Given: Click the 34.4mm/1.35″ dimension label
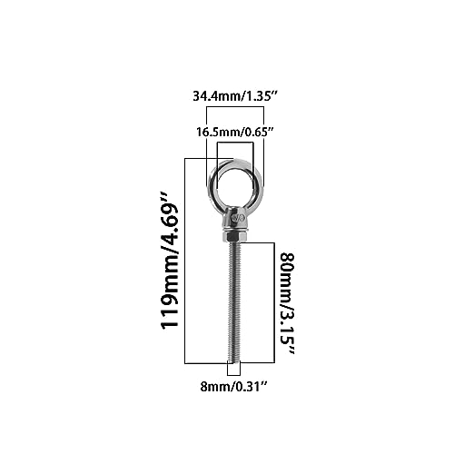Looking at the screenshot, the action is point(235,96).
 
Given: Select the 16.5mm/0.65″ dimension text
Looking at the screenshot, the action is point(235,132).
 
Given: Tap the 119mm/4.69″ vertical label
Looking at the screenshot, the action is point(169,261).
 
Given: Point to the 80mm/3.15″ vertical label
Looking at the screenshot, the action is point(287,303).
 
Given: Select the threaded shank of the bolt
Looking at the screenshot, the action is point(235,301).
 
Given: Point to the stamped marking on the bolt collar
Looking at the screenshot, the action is point(236,218).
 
